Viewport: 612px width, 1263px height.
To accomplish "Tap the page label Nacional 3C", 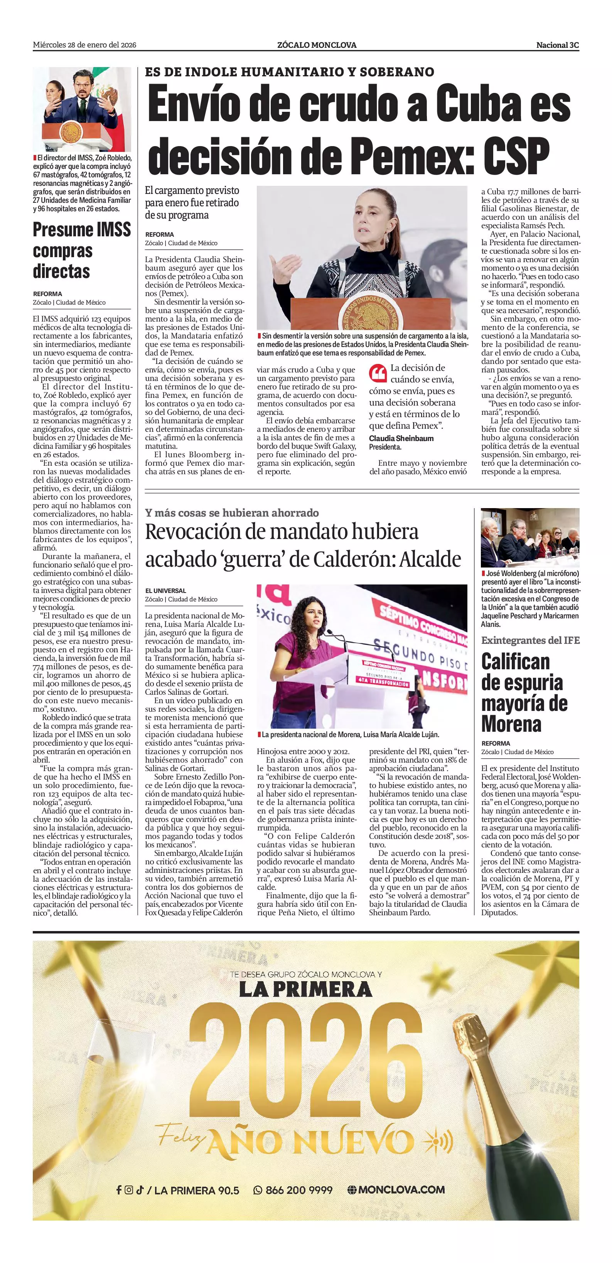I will point(557,45).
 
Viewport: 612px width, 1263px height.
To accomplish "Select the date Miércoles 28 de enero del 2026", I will point(84,45).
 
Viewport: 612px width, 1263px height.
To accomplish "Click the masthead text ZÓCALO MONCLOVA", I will point(317,45).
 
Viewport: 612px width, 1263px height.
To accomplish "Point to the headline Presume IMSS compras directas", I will point(81,250).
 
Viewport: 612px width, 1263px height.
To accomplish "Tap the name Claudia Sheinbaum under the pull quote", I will point(401,438).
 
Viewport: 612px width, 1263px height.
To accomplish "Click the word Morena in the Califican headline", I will point(511,724).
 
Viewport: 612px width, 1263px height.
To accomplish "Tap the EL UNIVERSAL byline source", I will point(165,591).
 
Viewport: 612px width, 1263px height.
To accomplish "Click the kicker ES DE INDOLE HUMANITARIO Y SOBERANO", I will point(289,72).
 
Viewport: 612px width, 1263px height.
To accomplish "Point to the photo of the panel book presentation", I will point(529,538).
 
